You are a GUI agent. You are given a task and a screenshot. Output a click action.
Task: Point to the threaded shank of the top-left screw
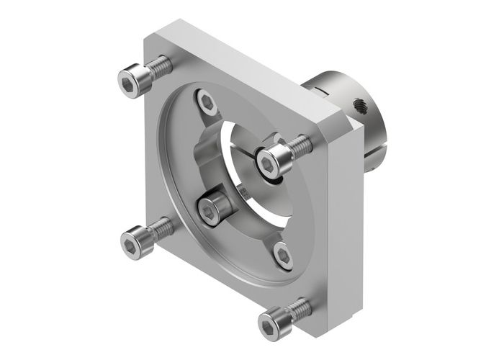160,68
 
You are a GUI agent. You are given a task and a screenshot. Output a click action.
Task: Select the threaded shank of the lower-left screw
161,229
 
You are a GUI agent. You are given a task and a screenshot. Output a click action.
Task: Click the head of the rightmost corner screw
272,161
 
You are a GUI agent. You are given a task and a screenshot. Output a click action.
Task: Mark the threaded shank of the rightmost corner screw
300,147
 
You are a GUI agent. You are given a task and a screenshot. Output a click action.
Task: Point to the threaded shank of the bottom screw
301,310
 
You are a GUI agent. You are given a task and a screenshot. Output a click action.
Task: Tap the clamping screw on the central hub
210,210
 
